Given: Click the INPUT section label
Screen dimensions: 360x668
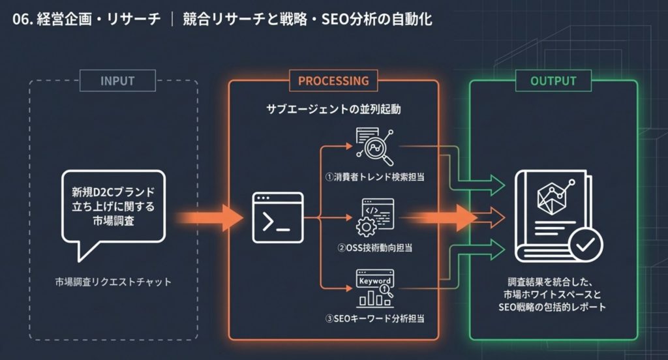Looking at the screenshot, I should pyautogui.click(x=117, y=81).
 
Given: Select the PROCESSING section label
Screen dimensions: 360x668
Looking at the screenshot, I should pyautogui.click(x=333, y=81).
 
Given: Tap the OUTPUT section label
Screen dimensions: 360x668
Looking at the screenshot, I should pyautogui.click(x=553, y=81).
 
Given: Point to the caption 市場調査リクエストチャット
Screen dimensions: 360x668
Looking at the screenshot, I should pyautogui.click(x=113, y=282).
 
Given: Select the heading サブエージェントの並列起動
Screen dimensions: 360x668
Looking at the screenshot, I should pyautogui.click(x=333, y=109).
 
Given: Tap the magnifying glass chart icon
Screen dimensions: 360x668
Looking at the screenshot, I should pyautogui.click(x=374, y=147).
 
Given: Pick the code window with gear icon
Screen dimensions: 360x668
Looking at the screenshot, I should pyautogui.click(x=374, y=218).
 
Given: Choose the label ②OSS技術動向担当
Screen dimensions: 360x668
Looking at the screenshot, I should pyautogui.click(x=374, y=248).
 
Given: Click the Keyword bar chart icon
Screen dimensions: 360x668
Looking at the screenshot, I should pyautogui.click(x=374, y=288).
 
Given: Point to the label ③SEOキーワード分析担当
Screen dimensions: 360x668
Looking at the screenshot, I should pyautogui.click(x=374, y=319).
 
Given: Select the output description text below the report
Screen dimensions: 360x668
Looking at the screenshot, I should pyautogui.click(x=553, y=294).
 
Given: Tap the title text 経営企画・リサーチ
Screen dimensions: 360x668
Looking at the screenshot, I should pyautogui.click(x=99, y=20).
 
